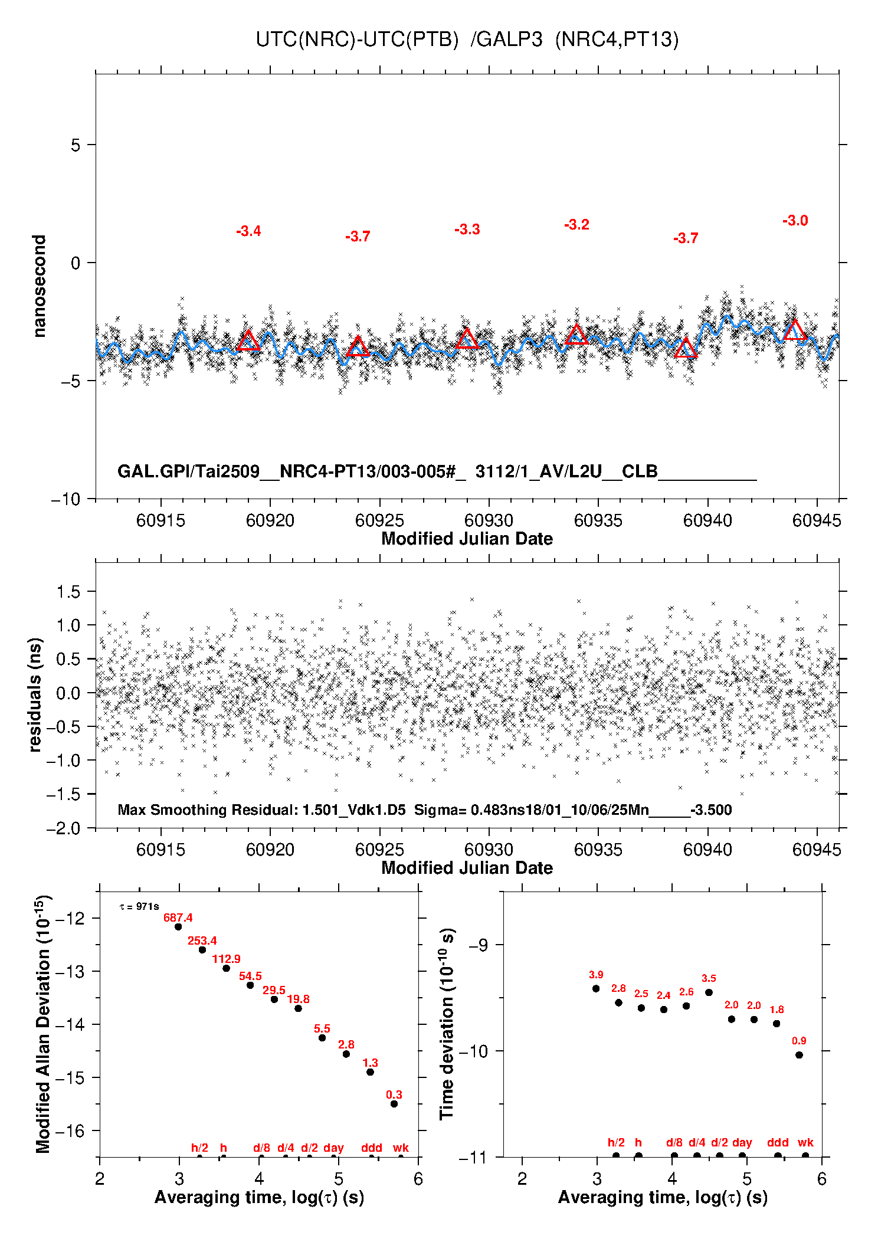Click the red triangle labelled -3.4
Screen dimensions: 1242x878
coord(248,341)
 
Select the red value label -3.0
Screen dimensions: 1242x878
coord(795,221)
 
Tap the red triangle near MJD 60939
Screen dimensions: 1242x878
coord(686,349)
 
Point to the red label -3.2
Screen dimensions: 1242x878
coord(576,225)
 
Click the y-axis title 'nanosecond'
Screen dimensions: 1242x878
coord(40,286)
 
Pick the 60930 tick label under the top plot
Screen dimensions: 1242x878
coord(489,520)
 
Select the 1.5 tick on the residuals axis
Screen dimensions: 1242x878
coord(68,592)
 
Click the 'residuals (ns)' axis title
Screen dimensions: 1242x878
coord(35,694)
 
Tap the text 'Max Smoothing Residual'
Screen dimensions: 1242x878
coord(207,810)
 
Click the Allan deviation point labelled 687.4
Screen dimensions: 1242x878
coord(178,927)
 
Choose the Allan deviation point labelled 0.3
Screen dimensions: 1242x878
coord(394,1104)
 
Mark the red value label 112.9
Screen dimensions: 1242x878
coord(226,959)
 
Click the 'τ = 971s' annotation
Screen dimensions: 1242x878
coord(139,906)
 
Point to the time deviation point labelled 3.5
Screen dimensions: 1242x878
coord(709,992)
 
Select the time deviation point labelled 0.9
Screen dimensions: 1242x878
coord(799,1055)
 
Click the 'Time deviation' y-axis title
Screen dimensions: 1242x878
coord(447,1024)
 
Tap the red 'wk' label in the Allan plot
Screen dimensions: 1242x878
coord(401,1148)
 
